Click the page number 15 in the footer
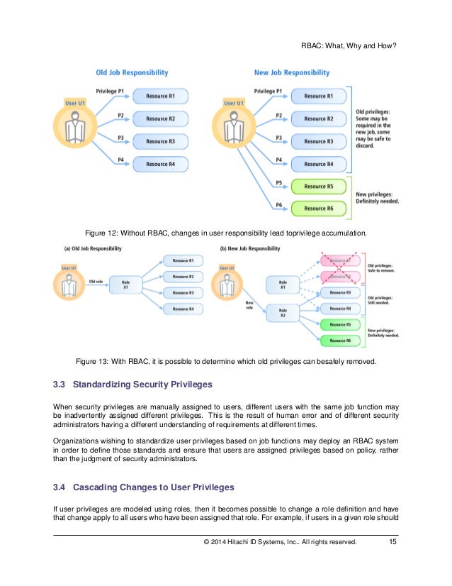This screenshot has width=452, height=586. (392, 543)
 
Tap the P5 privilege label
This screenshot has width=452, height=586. (279, 183)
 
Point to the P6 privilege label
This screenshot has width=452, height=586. (279, 204)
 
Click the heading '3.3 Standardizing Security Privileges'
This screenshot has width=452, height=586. (132, 385)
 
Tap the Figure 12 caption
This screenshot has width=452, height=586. (226, 232)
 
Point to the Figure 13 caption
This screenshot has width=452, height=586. (226, 362)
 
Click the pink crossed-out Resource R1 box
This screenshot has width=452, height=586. (339, 260)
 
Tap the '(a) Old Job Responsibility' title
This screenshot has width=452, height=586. (93, 248)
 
